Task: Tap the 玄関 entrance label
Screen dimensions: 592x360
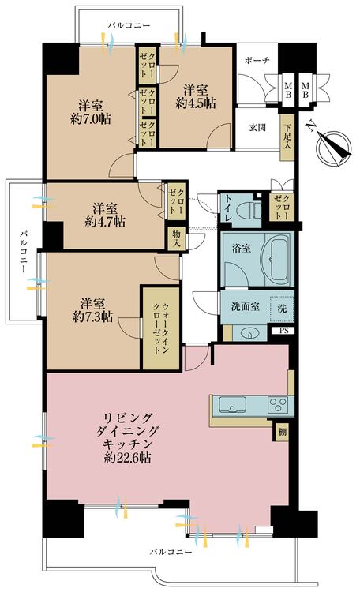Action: click(x=258, y=129)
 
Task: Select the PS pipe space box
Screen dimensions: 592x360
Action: click(x=283, y=332)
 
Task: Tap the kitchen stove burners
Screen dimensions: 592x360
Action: click(x=278, y=406)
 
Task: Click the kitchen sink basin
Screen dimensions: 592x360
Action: click(x=233, y=407)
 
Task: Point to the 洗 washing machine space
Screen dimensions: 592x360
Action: click(x=281, y=308)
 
